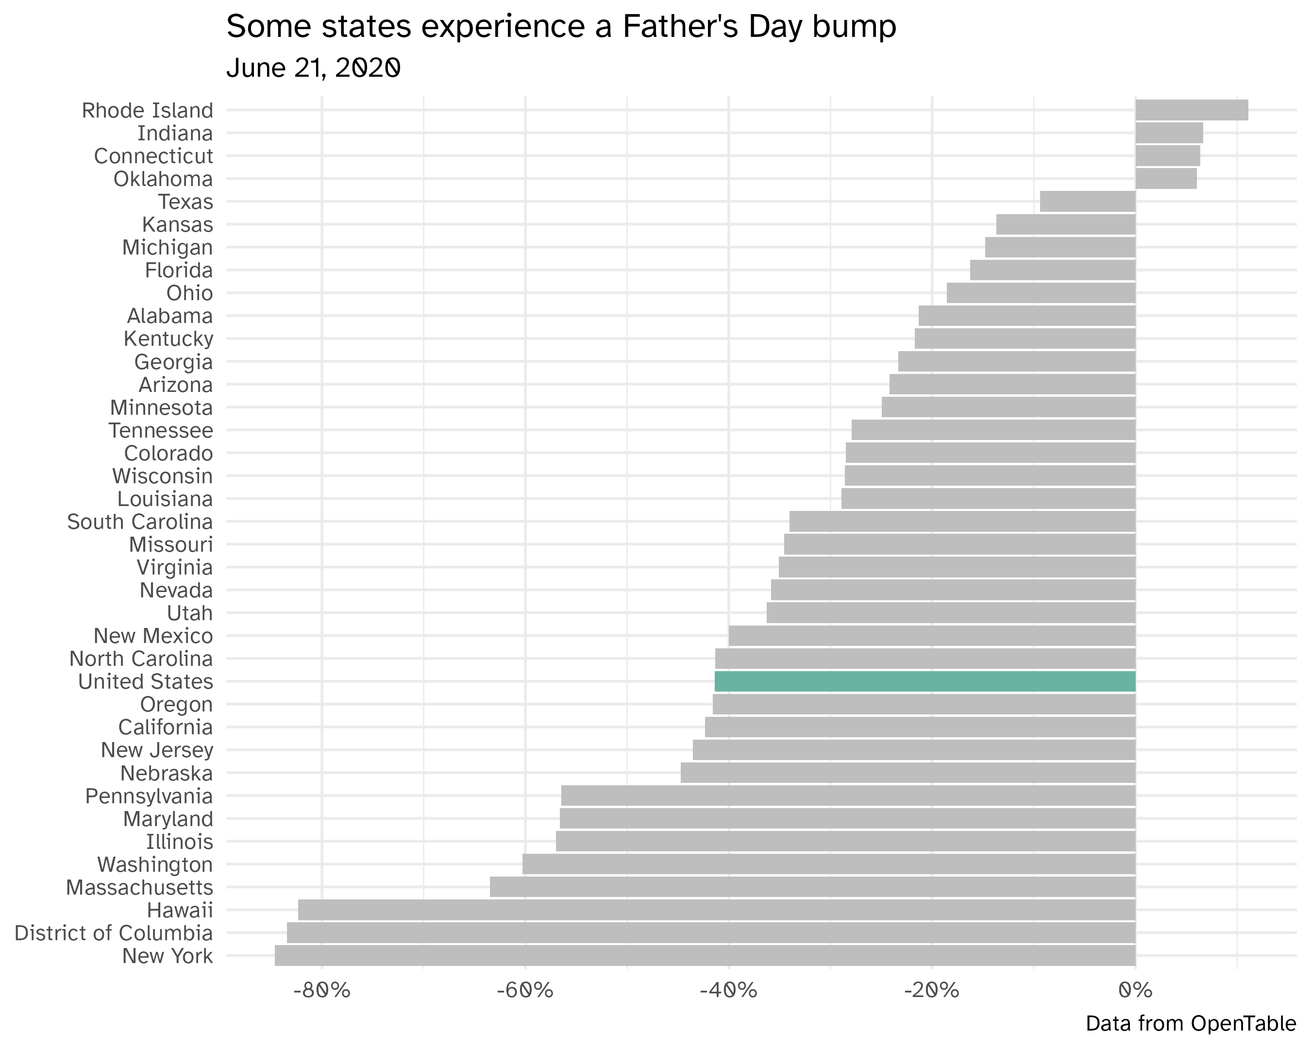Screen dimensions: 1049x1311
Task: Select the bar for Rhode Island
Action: [1192, 111]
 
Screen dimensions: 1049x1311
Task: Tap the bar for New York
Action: [706, 956]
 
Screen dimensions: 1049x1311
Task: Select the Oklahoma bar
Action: [1166, 179]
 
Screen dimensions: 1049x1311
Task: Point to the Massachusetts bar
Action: [813, 887]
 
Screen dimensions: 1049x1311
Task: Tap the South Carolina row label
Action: [140, 522]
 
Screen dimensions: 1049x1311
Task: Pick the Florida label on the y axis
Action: [179, 271]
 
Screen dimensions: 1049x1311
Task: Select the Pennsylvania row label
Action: [149, 796]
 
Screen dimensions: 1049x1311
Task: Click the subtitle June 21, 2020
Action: [313, 68]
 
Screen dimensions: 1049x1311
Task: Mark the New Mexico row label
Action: [153, 636]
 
